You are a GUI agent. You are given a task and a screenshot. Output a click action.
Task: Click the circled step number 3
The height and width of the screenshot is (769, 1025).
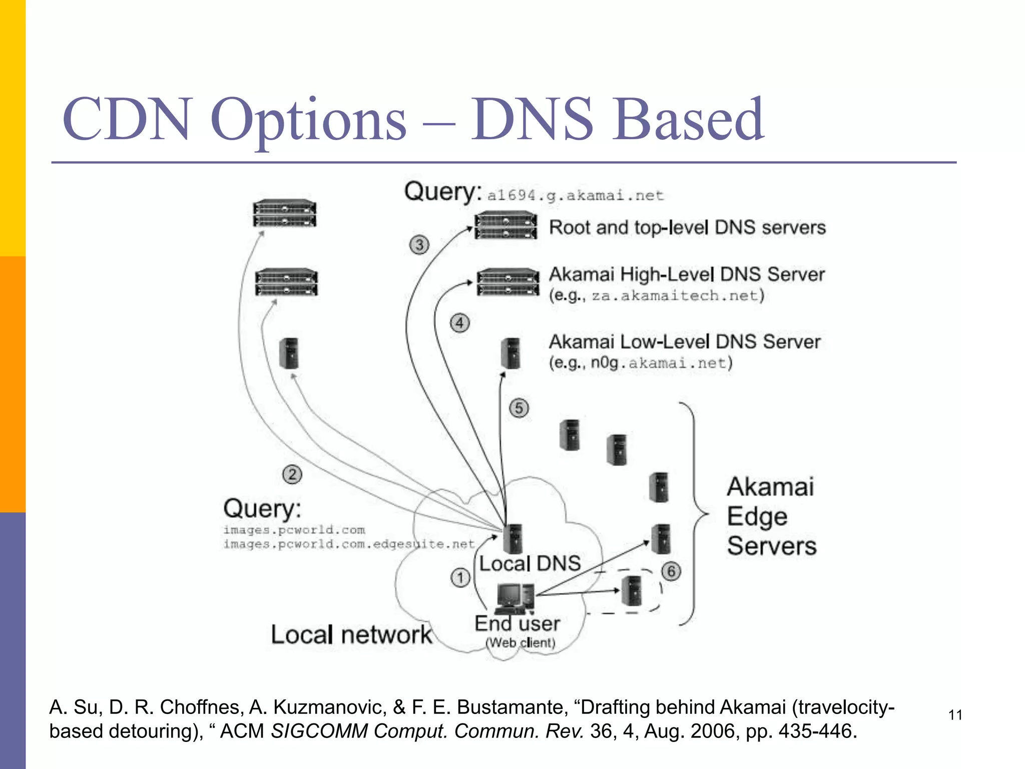(x=419, y=245)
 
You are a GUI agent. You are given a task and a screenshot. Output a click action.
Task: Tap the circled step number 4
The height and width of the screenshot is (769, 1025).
(x=459, y=323)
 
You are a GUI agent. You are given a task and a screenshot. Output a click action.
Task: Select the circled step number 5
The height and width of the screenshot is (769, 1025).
(x=519, y=408)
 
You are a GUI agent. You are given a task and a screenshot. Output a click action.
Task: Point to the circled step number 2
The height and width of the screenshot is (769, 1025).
(x=292, y=474)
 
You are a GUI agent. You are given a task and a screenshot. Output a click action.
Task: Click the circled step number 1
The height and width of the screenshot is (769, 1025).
(x=460, y=578)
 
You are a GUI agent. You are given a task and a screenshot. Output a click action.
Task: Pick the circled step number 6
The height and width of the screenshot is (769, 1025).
(x=671, y=571)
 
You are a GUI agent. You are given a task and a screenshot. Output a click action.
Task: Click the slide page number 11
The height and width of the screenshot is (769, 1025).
(x=955, y=715)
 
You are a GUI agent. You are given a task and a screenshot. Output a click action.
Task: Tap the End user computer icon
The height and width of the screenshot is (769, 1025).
(x=514, y=599)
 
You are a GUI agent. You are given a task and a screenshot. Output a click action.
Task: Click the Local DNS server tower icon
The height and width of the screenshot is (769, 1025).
(x=514, y=538)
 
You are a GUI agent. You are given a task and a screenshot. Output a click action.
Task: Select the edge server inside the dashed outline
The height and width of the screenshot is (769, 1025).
(x=633, y=591)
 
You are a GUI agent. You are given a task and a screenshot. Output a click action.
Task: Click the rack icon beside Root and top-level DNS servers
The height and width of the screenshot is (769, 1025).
(x=505, y=226)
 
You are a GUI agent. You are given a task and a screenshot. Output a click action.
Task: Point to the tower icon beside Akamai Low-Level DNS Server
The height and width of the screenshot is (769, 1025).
(x=511, y=353)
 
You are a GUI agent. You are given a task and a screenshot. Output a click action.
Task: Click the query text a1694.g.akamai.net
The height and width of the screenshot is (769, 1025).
(x=576, y=195)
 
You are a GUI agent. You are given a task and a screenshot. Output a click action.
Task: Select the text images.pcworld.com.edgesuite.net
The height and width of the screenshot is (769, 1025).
(x=349, y=544)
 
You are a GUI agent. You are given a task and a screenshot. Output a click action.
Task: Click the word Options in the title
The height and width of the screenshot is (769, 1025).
(x=308, y=120)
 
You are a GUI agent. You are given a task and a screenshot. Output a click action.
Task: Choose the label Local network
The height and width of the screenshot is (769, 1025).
(x=351, y=635)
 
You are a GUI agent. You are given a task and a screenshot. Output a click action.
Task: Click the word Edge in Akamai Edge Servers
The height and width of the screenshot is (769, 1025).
(x=757, y=517)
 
